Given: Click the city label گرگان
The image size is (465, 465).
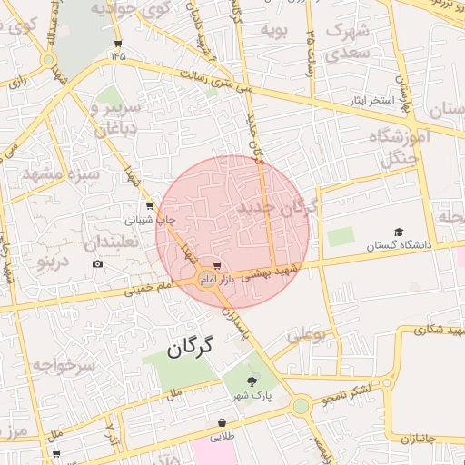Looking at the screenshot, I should (x=189, y=346).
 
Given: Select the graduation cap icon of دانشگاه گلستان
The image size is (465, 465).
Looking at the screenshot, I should (x=399, y=232).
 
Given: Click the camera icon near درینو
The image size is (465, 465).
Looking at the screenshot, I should (x=97, y=264).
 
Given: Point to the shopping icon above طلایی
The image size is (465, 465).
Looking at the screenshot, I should (x=223, y=422).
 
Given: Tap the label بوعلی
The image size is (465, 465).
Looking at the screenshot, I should (x=306, y=336).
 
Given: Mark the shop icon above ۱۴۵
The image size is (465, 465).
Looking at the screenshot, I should (x=118, y=44).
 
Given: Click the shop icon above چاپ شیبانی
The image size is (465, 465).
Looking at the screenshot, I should (x=149, y=206).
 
